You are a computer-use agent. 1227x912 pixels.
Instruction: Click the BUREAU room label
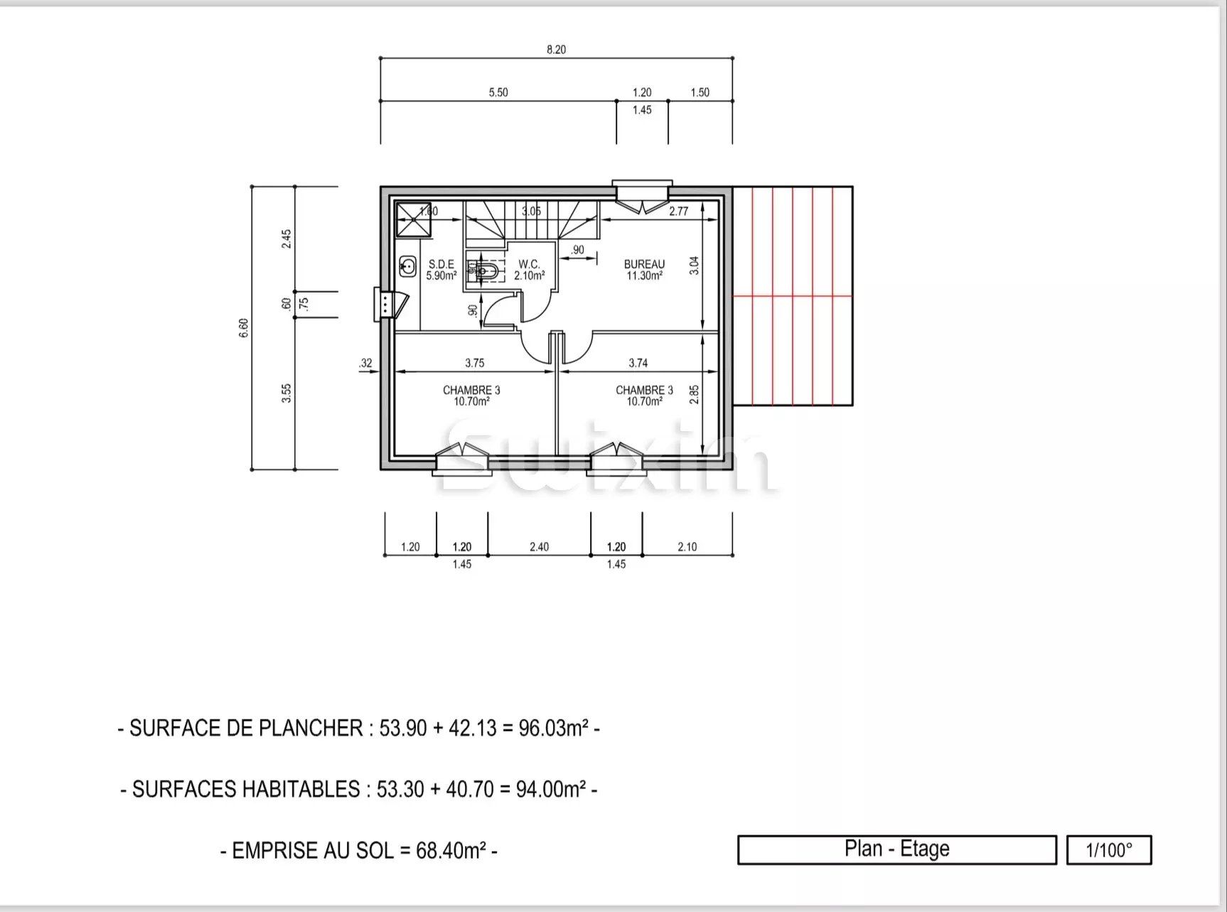pos(644,264)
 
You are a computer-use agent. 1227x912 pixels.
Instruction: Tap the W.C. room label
pos(529,264)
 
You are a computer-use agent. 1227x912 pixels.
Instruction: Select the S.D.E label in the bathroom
pos(441,264)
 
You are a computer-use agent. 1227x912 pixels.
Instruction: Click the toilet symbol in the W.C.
pos(486,271)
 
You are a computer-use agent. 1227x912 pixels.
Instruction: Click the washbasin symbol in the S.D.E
pos(407,267)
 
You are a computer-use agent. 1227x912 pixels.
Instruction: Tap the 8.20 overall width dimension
pos(556,50)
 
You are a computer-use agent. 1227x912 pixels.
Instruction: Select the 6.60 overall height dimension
pos(244,327)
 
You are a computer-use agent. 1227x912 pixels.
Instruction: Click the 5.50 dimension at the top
pos(498,92)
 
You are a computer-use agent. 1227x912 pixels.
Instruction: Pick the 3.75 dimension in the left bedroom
pos(474,363)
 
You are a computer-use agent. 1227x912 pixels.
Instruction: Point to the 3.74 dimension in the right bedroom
pos(638,363)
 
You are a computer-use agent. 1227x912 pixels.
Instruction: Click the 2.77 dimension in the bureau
pos(679,211)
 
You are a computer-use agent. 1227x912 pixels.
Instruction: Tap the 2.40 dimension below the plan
pos(539,547)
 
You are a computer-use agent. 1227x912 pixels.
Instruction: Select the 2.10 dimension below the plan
pos(687,547)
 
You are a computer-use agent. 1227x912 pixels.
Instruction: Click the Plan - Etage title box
pos(896,849)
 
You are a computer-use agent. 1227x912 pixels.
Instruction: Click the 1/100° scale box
pos(1108,850)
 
